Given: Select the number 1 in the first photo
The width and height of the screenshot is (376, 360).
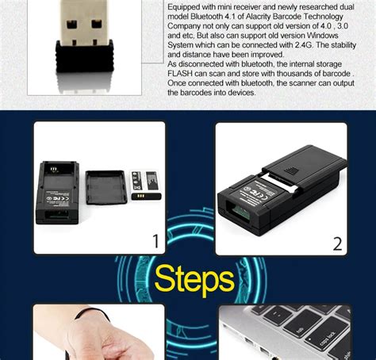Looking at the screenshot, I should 155,241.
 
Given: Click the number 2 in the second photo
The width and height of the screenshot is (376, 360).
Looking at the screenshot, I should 337,243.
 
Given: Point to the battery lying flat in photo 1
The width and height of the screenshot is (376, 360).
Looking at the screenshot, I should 146,195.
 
